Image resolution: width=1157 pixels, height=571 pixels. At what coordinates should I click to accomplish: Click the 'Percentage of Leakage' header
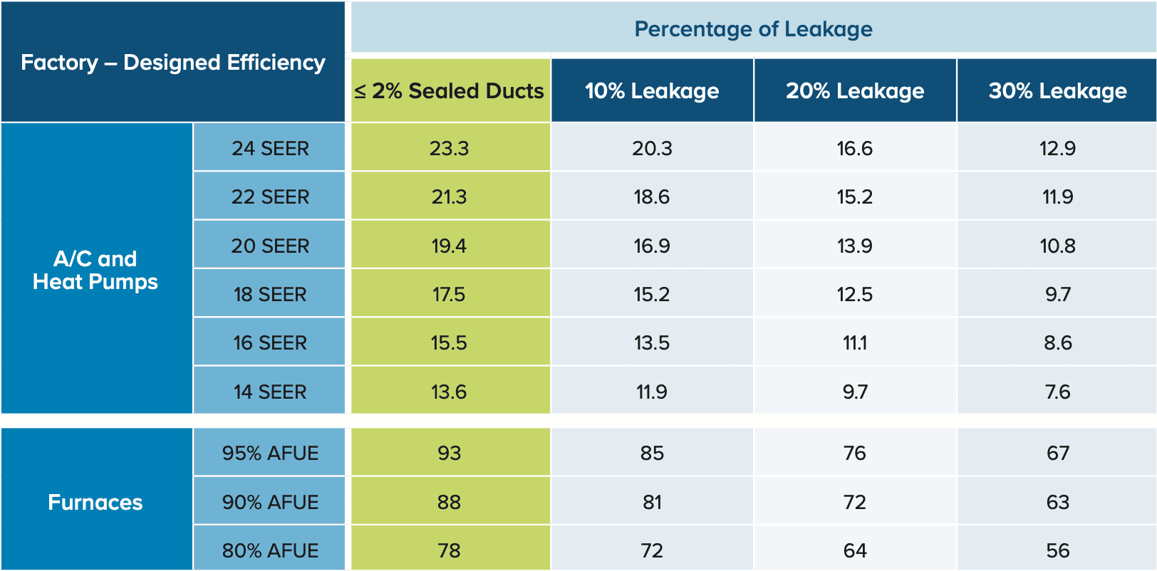pyautogui.click(x=753, y=29)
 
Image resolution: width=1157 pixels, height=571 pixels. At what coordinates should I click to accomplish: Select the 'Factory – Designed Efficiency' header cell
pyautogui.click(x=173, y=63)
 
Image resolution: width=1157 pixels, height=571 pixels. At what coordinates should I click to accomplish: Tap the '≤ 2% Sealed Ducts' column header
pyautogui.click(x=450, y=91)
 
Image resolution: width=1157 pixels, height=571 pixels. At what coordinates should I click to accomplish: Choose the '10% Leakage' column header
pyautogui.click(x=652, y=91)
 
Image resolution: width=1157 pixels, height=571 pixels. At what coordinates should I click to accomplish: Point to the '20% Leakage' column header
pyautogui.click(x=855, y=91)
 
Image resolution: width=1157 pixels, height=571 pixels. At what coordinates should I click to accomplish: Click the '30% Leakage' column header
pyautogui.click(x=1058, y=91)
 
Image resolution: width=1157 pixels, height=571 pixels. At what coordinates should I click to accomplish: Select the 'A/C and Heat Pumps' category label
pyautogui.click(x=95, y=270)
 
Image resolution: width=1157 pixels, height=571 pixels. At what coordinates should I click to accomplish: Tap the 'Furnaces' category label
pyautogui.click(x=95, y=503)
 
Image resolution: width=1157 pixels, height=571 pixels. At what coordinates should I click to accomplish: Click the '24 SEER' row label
pyautogui.click(x=270, y=149)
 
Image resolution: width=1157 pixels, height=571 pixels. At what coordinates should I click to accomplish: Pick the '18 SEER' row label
pyautogui.click(x=270, y=294)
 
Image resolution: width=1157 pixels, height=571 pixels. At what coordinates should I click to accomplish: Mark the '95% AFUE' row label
pyautogui.click(x=270, y=454)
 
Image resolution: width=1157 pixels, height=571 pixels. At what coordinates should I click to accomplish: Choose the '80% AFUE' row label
pyautogui.click(x=270, y=551)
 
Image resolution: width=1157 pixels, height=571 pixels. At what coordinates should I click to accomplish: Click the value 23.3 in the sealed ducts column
pyautogui.click(x=450, y=149)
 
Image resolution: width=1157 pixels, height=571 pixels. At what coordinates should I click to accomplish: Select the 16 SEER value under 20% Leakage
pyautogui.click(x=855, y=342)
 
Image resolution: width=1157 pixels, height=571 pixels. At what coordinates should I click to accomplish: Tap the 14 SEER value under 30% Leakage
pyautogui.click(x=1058, y=392)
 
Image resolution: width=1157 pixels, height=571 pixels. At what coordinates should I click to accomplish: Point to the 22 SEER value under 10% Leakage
pyautogui.click(x=652, y=197)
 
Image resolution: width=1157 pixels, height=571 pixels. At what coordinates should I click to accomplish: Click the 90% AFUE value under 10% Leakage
pyautogui.click(x=652, y=503)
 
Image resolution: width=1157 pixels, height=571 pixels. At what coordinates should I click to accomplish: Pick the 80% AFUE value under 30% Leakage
pyautogui.click(x=1058, y=551)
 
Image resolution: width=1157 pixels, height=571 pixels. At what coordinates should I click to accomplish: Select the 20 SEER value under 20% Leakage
pyautogui.click(x=855, y=246)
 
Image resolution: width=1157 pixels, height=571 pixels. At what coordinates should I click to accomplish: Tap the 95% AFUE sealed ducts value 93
pyautogui.click(x=450, y=454)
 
